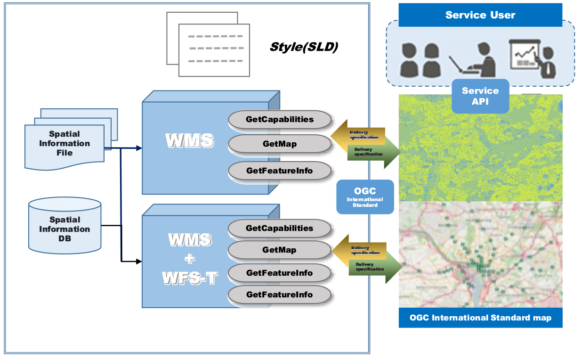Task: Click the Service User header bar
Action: pyautogui.click(x=480, y=15)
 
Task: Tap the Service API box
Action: pyautogui.click(x=480, y=96)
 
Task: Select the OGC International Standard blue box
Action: pyautogui.click(x=365, y=197)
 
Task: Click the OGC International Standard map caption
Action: pyautogui.click(x=480, y=318)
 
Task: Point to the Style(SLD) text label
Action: pyautogui.click(x=304, y=47)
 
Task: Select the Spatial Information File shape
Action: pyautogui.click(x=65, y=143)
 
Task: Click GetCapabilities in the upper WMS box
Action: pyautogui.click(x=280, y=120)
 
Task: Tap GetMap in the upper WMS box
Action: pyautogui.click(x=280, y=144)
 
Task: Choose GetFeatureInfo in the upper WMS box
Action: pyautogui.click(x=280, y=171)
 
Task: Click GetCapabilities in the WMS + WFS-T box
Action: pyautogui.click(x=280, y=229)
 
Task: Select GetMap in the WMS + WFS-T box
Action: pyautogui.click(x=280, y=250)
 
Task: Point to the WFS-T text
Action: pyautogui.click(x=191, y=278)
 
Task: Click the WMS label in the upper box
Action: pyautogui.click(x=190, y=140)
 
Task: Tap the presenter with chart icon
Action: pyautogui.click(x=532, y=58)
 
